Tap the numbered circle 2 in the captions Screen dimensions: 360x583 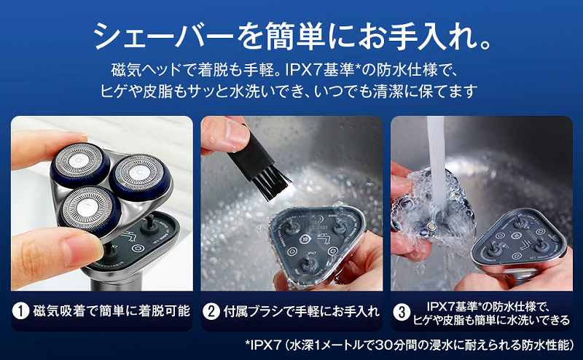tap(212, 311)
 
